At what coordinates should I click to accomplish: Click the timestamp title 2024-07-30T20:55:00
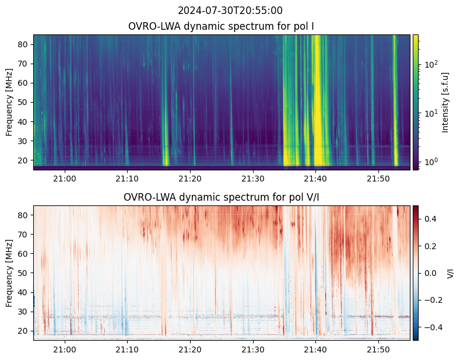(x=230, y=11)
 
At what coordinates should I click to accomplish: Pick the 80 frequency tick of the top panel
(x=24, y=44)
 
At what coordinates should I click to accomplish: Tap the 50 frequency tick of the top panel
(x=24, y=102)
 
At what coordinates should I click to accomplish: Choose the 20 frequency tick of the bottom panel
(x=24, y=331)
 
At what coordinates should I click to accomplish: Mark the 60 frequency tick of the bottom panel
(x=24, y=253)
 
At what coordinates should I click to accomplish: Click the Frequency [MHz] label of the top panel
(x=9, y=102)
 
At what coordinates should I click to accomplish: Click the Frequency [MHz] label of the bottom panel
(x=9, y=273)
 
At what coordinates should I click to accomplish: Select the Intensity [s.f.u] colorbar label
(x=446, y=102)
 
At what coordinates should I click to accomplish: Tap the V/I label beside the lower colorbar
(x=450, y=273)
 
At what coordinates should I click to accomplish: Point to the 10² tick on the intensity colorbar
(x=430, y=64)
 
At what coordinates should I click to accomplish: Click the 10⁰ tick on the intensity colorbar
(x=430, y=161)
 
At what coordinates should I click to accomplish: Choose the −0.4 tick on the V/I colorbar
(x=433, y=327)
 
